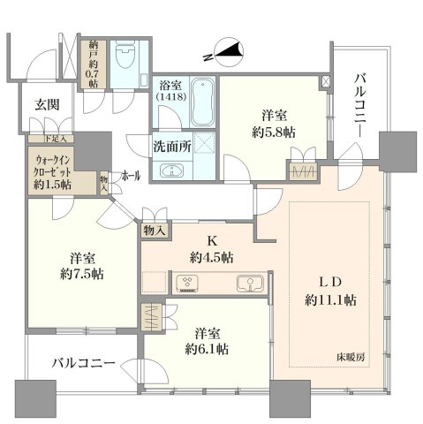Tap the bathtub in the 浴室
click(202, 102)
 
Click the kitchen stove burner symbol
click(187, 284)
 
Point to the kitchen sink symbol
click(250, 284)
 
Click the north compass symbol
click(230, 52)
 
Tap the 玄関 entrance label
click(47, 105)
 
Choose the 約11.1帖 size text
click(330, 300)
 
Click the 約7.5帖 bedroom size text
click(82, 275)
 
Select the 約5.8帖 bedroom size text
click(274, 132)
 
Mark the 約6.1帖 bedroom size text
click(207, 349)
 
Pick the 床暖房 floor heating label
click(351, 358)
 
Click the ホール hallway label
click(131, 176)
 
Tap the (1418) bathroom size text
click(171, 96)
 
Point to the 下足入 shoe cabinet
click(51, 139)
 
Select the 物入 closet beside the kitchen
click(154, 231)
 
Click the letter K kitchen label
click(212, 241)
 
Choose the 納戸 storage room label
click(93, 49)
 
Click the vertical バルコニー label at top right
click(360, 105)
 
